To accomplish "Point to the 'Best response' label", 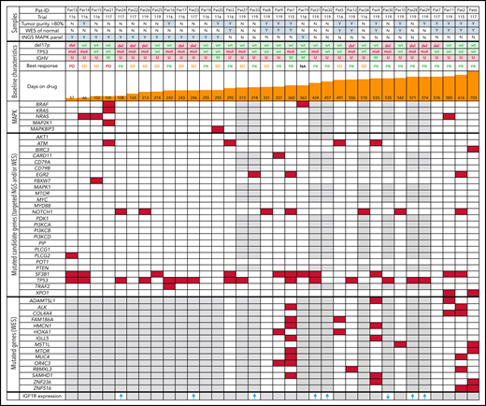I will [40, 68].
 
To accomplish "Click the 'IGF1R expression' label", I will [39, 399].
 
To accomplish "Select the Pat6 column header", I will [473, 7].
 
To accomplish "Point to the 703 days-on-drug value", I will [474, 96].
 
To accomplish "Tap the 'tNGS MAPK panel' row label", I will [38, 38].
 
